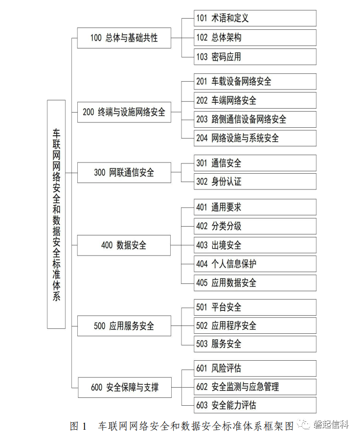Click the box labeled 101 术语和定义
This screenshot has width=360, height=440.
(x=255, y=18)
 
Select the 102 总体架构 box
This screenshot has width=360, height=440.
(x=255, y=38)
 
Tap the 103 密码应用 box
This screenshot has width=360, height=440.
(x=255, y=57)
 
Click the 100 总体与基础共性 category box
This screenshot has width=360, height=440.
(x=124, y=38)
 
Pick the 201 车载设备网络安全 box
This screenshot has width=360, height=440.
(x=255, y=82)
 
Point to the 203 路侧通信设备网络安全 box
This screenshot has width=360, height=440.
(x=255, y=119)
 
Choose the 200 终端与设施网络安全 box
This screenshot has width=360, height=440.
(x=124, y=112)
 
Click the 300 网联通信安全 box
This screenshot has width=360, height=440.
(x=124, y=173)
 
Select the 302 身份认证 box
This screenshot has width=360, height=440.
(x=255, y=182)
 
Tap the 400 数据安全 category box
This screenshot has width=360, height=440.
(x=124, y=245)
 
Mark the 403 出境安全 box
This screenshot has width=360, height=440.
(x=255, y=245)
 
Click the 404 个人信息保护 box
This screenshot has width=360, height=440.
(x=255, y=264)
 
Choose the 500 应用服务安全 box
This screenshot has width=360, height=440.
(x=124, y=326)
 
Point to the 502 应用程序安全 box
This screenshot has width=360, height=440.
(x=255, y=326)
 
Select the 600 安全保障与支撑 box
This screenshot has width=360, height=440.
(x=125, y=388)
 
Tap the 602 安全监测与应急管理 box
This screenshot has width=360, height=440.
(x=255, y=387)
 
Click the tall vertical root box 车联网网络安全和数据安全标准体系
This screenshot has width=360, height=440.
(x=56, y=214)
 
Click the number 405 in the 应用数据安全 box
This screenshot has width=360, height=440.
(x=202, y=283)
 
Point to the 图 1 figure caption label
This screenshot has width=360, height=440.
(x=78, y=426)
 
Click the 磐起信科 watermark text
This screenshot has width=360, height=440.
(x=331, y=424)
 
